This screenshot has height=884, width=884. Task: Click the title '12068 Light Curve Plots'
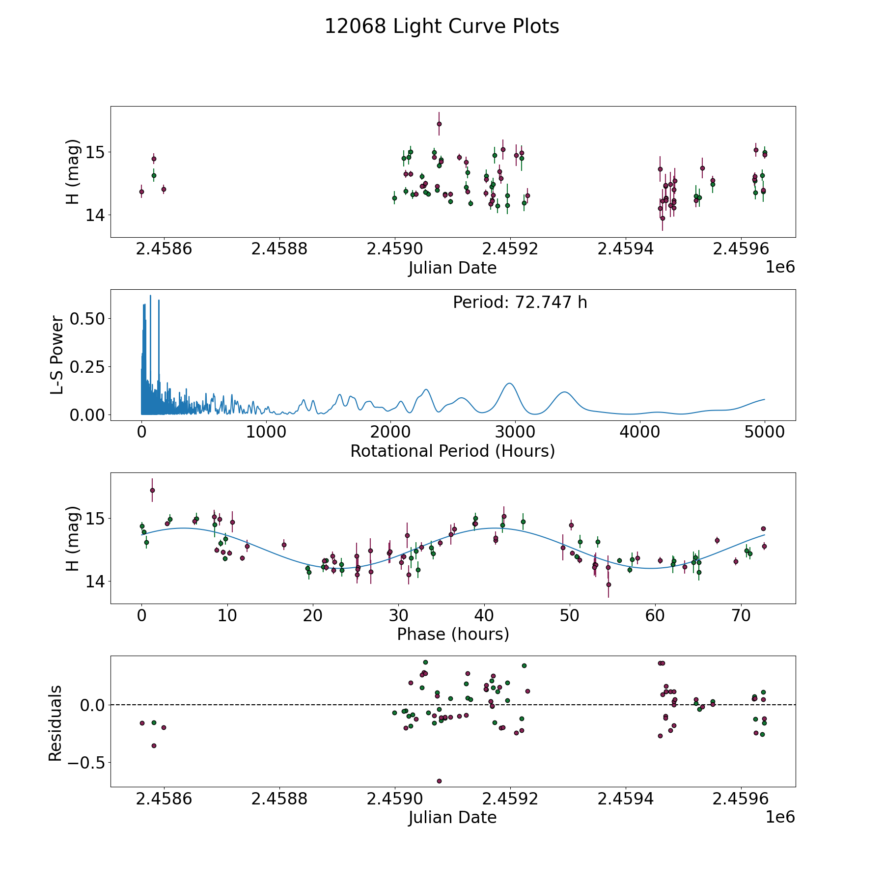click(442, 27)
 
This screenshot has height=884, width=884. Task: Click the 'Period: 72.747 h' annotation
click(520, 303)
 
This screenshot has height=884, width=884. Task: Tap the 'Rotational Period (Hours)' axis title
click(452, 451)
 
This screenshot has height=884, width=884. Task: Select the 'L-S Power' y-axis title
click(57, 355)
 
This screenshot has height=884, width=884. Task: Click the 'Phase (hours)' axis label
click(453, 634)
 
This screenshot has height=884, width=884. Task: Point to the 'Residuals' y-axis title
click(55, 723)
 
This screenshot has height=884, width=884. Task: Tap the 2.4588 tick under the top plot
click(279, 249)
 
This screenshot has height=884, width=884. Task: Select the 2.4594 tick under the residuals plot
click(625, 799)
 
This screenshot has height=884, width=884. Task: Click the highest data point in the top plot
click(439, 124)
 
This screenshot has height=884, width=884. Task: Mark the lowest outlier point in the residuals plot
click(439, 781)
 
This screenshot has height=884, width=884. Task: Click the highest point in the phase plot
click(152, 490)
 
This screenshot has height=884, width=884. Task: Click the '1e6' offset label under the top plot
click(780, 268)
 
